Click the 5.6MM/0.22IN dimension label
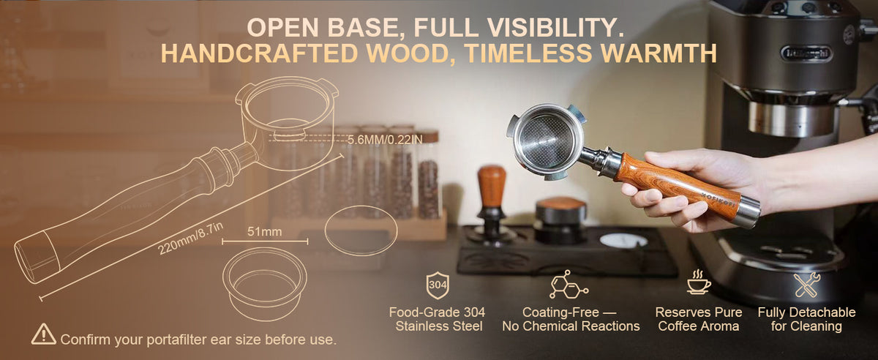pos(385,140)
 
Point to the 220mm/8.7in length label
pos(190,239)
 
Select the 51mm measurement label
pos(265,232)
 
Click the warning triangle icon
pos(43,334)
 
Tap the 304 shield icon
pos(438,285)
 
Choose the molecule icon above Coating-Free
pos(569,285)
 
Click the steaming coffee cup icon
pos(699,282)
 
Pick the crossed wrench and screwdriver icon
pos(807,285)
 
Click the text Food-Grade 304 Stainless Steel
pos(438,319)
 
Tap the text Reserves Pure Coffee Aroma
pos(699,319)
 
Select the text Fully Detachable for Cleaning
pos(806,319)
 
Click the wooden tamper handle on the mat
pos(492,187)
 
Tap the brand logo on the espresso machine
pos(806,53)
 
